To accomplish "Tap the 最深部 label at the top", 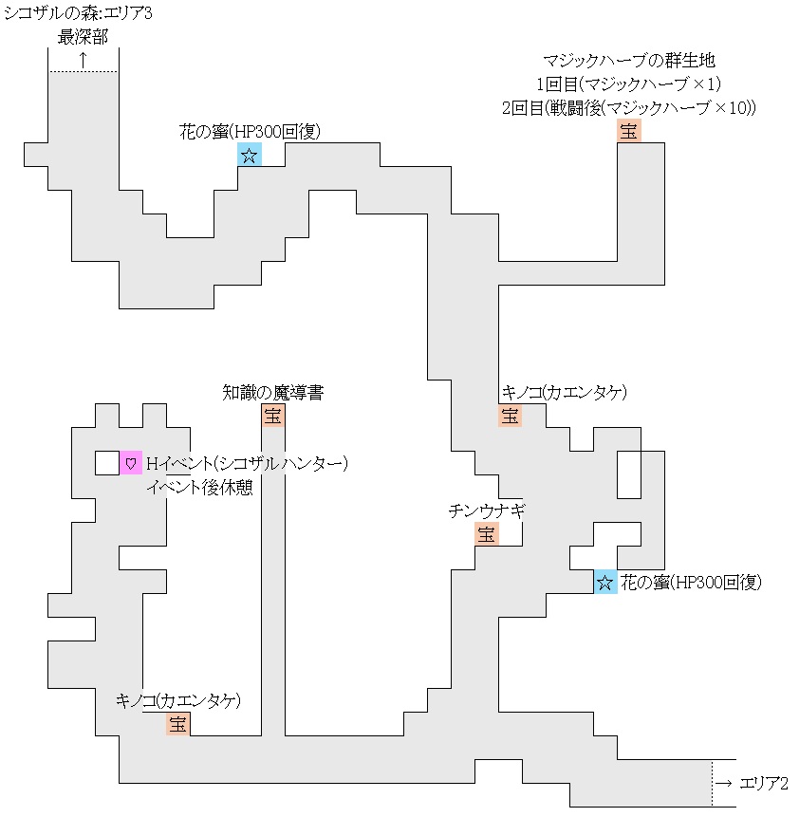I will tap(83, 38).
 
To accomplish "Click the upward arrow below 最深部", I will tap(83, 59).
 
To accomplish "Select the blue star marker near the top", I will tap(249, 156).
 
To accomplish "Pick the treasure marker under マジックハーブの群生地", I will tap(628, 131).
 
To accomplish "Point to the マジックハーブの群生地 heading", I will tap(627, 62).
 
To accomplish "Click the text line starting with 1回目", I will tap(629, 84).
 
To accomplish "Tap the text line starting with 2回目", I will tap(629, 107).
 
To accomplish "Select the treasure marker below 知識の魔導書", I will tap(272, 416).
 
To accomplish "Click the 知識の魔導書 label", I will tap(272, 392).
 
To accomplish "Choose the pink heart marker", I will tap(131, 463).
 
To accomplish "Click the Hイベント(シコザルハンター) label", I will tap(248, 463).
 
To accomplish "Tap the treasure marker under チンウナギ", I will tap(486, 534).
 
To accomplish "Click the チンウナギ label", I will tap(486, 511).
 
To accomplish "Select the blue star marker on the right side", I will tap(605, 582).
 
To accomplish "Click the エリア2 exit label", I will tap(753, 783).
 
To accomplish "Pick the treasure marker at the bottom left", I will tap(177, 724).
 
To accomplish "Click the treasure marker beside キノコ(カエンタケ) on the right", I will tap(510, 416).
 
